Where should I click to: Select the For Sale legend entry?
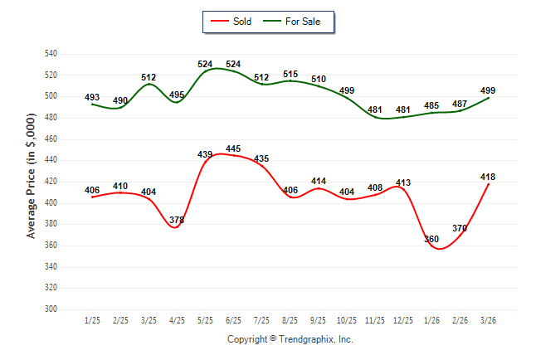click(x=302, y=22)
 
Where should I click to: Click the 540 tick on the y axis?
click(x=51, y=54)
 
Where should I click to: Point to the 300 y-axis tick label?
click(x=51, y=309)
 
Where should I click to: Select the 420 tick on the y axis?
click(x=51, y=182)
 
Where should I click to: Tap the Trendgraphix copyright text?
click(x=290, y=339)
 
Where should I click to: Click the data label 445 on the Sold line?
click(x=233, y=149)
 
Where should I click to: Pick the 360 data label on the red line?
click(x=431, y=239)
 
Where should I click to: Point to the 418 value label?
click(x=489, y=177)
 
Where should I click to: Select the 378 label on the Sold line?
click(x=177, y=220)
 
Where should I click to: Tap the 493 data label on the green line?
click(x=92, y=98)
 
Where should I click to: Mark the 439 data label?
click(x=205, y=154)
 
